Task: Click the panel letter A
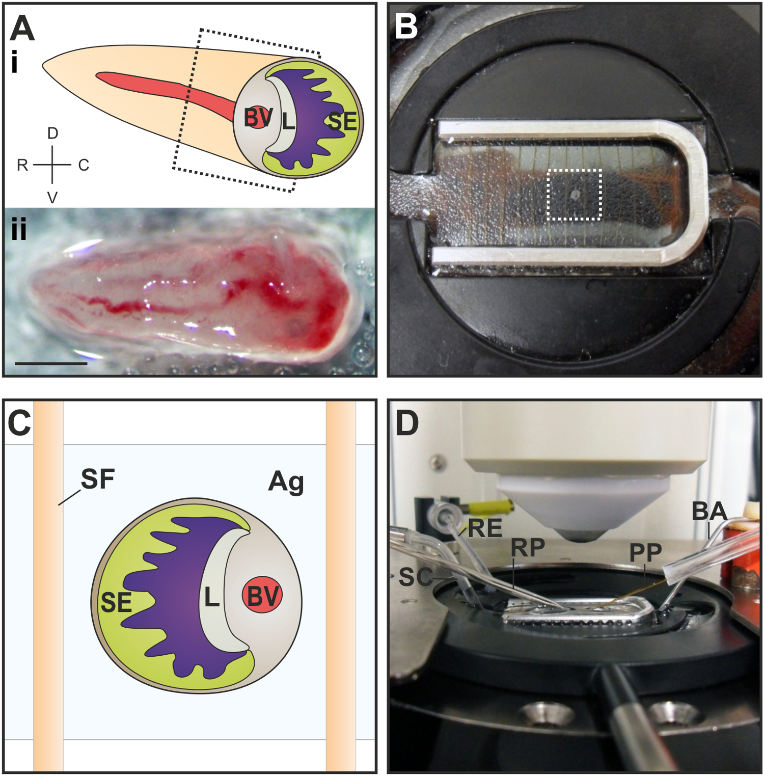22,28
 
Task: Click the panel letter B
406,26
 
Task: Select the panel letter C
19,423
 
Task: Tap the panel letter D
407,423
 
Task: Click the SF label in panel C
98,479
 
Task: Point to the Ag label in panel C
286,481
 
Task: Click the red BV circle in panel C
262,595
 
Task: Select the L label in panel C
211,597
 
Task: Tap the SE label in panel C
116,603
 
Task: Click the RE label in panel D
485,528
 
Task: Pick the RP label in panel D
528,548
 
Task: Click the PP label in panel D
645,552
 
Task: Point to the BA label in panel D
709,511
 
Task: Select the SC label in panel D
416,577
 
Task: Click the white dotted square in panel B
574,195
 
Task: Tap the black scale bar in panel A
51,363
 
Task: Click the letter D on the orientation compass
52,133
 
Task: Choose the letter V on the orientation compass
52,198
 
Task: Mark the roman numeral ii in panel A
19,230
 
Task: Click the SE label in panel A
343,122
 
